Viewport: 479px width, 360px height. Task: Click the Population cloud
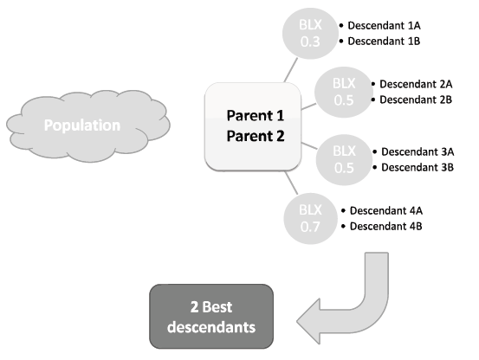tap(88, 125)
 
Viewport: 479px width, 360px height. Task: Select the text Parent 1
tap(256, 116)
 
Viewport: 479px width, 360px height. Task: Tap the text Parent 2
tap(256, 136)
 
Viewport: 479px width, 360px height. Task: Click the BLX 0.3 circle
tap(310, 33)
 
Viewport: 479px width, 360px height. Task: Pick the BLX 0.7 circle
tap(310, 218)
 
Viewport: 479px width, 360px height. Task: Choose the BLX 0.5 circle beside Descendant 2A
tap(344, 92)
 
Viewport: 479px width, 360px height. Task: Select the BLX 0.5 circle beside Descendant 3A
tap(344, 159)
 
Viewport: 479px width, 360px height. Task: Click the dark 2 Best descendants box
tap(211, 317)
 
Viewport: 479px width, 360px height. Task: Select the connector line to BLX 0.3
tap(291, 70)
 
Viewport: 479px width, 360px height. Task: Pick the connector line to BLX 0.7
tap(291, 183)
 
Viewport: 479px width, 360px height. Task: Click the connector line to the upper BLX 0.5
tap(309, 106)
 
